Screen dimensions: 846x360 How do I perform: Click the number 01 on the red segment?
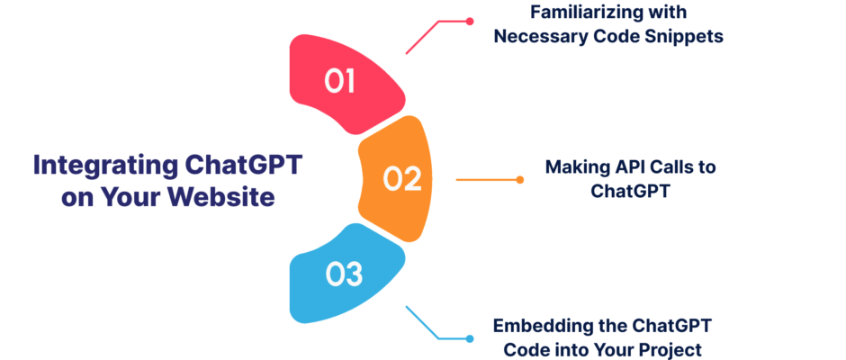339,81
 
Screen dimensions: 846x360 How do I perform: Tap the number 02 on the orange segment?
402,179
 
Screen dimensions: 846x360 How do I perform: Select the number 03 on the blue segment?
343,274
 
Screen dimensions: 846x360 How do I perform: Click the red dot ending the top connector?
470,22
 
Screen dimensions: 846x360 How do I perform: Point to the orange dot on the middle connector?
519,180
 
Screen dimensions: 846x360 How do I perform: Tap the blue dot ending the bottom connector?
470,339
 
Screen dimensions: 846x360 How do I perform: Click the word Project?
673,349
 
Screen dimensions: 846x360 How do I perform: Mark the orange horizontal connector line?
488,180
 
